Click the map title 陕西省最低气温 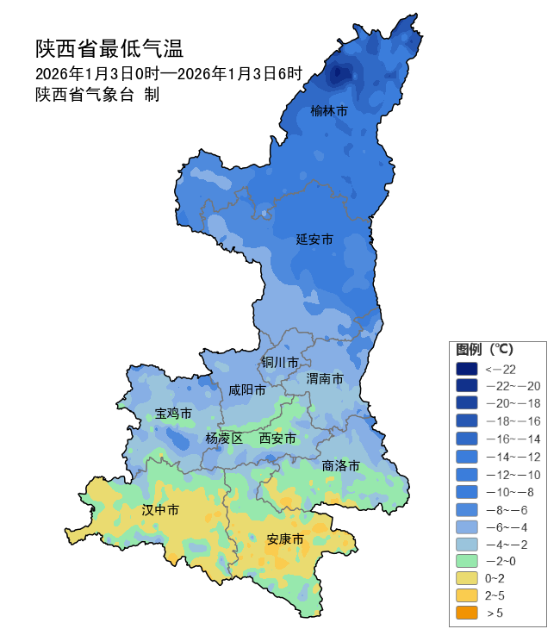click(x=109, y=47)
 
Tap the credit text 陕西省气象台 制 click(x=96, y=95)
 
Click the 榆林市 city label click(x=329, y=111)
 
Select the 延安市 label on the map click(x=314, y=239)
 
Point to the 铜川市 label click(x=280, y=362)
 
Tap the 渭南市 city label click(x=325, y=379)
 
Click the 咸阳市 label click(x=247, y=389)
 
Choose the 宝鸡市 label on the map click(x=173, y=414)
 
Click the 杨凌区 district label click(x=225, y=439)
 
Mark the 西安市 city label click(x=278, y=439)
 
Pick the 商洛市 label click(x=340, y=466)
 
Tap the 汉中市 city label click(x=160, y=510)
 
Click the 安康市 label click(x=285, y=539)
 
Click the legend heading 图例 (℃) click(x=484, y=350)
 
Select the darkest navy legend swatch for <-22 click(x=466, y=369)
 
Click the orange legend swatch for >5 click(x=466, y=613)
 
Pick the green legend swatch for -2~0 click(x=466, y=561)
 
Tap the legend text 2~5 click(x=495, y=595)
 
